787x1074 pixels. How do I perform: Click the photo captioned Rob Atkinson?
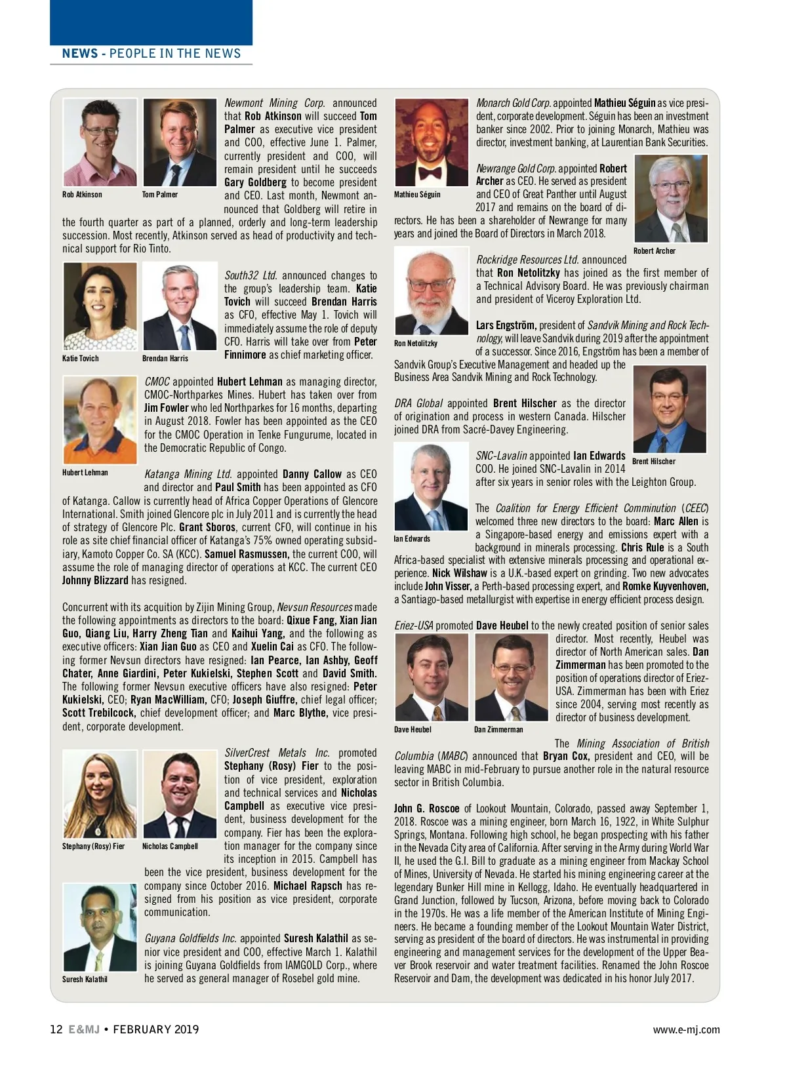pos(100,142)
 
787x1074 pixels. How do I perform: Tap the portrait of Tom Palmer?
pos(180,142)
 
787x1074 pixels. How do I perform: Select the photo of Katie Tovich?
pos(100,306)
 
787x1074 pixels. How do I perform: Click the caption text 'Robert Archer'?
pos(654,251)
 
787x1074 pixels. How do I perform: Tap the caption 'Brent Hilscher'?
pos(653,462)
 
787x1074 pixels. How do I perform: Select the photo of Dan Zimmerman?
pos(511,677)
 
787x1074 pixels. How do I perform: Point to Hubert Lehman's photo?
pos(100,420)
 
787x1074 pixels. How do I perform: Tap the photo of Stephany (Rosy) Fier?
pos(100,794)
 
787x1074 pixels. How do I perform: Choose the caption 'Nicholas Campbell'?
pos(170,846)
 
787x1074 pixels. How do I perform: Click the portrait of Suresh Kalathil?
pos(100,927)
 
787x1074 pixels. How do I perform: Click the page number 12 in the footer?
pos(56,1029)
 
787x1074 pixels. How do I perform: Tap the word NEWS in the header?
pos(79,54)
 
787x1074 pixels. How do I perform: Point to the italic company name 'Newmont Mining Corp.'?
pos(274,104)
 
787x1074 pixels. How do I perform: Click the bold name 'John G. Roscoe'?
pos(426,808)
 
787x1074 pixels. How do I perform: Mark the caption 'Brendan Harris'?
pos(165,359)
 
